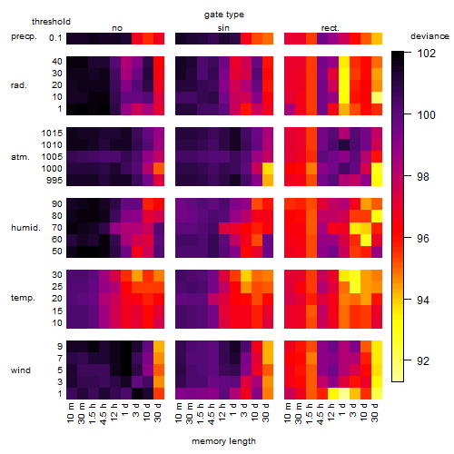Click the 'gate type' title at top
[224, 15]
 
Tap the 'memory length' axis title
[223, 441]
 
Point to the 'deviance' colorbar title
[429, 36]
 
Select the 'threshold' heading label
[51, 22]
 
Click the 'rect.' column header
[330, 28]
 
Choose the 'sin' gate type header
[223, 28]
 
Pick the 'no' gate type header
[117, 28]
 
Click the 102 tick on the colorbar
[427, 54]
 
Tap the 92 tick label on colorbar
[423, 360]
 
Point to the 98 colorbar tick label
[423, 176]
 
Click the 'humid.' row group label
[25, 228]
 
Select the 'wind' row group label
[21, 370]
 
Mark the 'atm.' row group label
[20, 157]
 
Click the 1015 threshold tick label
[52, 133]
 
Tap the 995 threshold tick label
[54, 181]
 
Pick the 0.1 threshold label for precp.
[55, 38]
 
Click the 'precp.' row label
[24, 36]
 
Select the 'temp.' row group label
[23, 298]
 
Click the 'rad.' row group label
[19, 85]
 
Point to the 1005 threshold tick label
[52, 157]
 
